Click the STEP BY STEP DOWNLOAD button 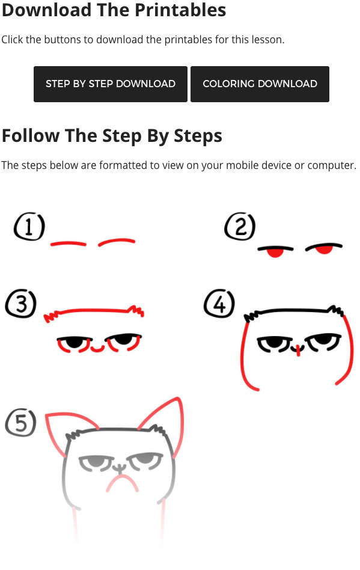point(111,84)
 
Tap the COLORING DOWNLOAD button point(260,84)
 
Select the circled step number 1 point(29,227)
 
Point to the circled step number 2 point(240,227)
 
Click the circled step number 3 point(20,304)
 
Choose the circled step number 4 point(219,304)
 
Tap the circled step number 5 point(20,423)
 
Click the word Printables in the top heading point(180,10)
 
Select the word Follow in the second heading point(31,136)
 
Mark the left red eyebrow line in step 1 point(69,243)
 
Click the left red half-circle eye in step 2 point(275,253)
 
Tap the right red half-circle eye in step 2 point(323,250)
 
